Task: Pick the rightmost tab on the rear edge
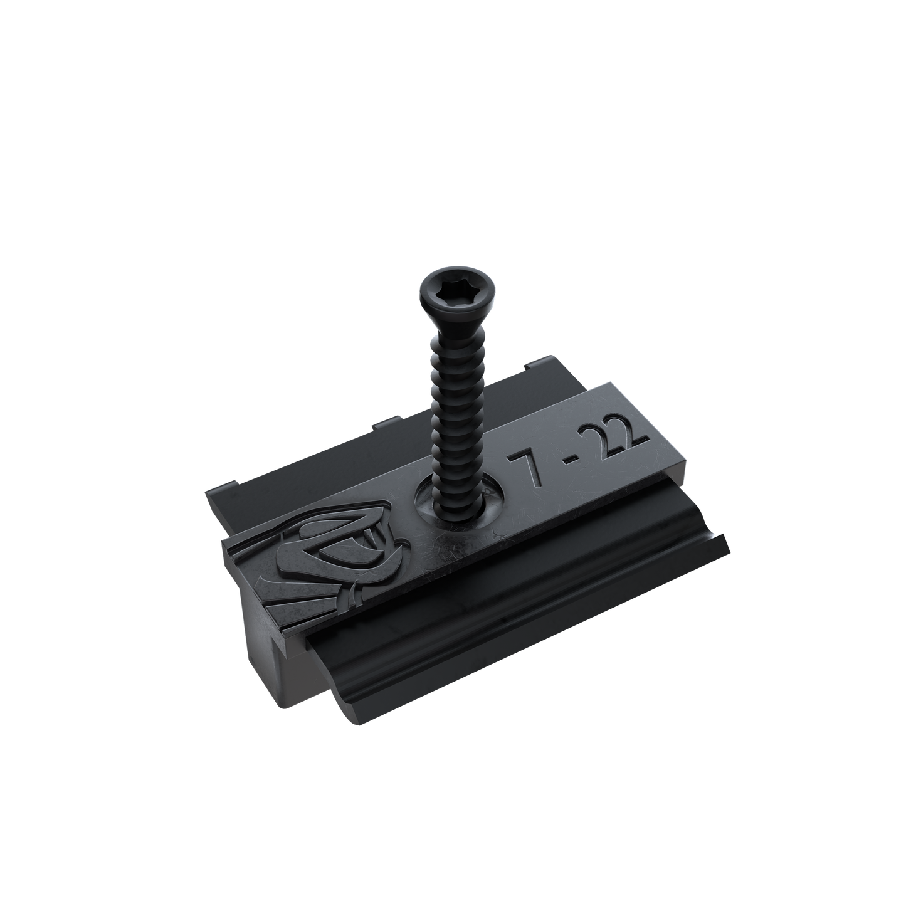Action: (x=533, y=364)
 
